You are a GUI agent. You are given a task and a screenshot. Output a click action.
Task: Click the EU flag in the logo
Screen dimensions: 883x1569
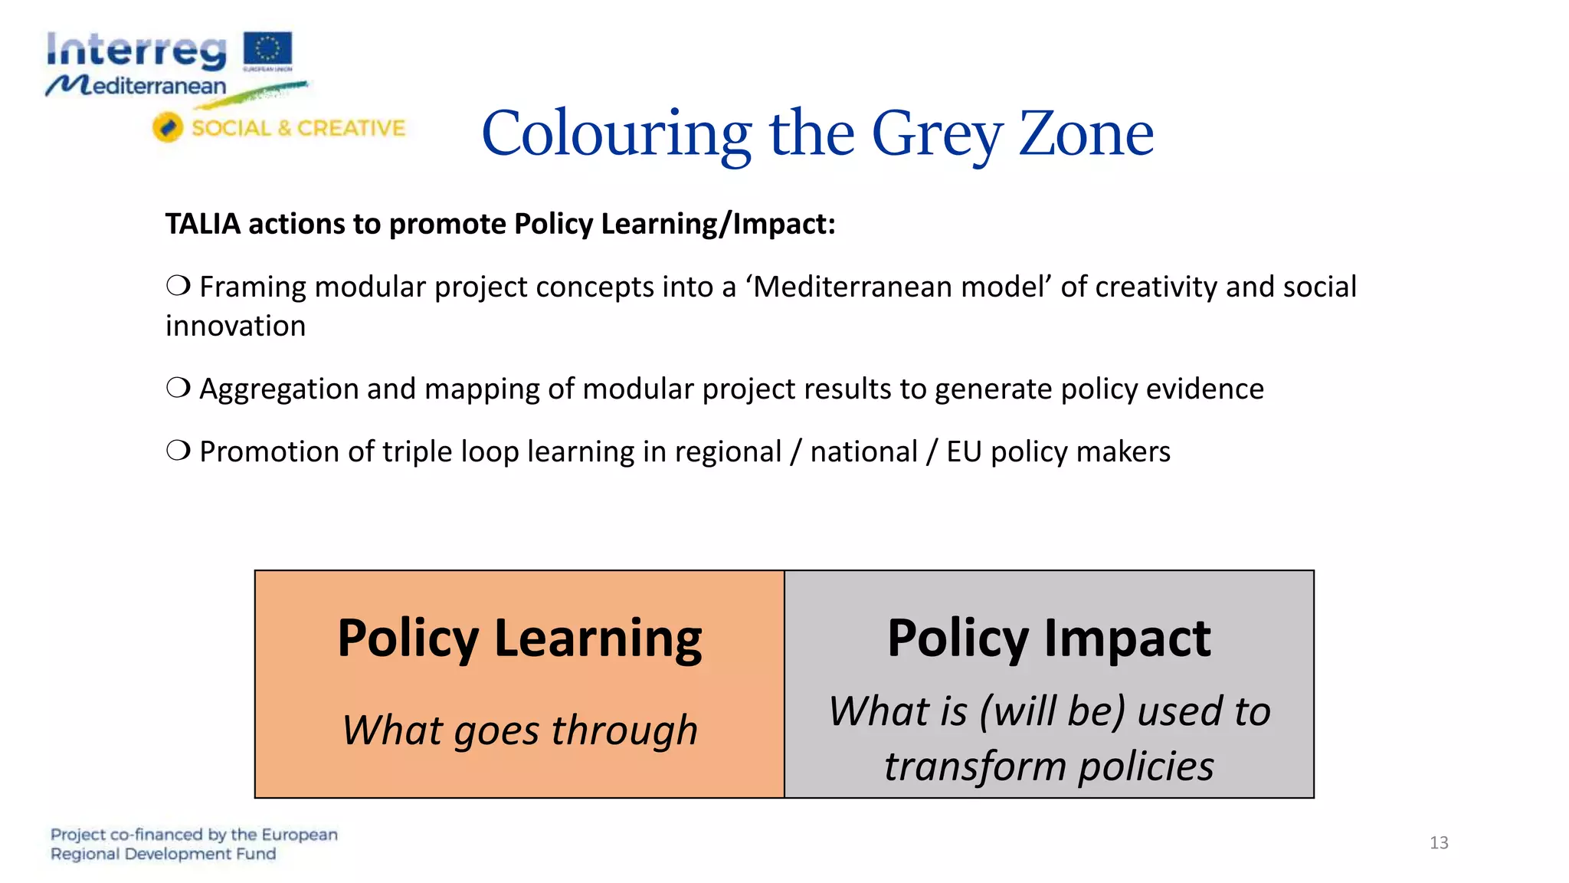click(x=267, y=49)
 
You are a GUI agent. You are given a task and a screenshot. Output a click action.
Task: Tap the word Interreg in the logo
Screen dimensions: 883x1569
click(x=136, y=51)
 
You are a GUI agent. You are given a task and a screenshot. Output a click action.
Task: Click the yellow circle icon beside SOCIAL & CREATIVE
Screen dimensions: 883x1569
click(x=167, y=127)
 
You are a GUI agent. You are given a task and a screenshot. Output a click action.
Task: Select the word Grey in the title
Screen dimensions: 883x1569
click(x=936, y=135)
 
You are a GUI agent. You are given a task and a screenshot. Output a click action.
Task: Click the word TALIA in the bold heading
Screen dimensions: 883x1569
click(x=203, y=224)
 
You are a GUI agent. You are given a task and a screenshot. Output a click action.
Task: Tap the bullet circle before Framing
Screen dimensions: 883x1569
click(x=178, y=286)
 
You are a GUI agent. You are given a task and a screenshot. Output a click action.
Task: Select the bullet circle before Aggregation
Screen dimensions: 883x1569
click(x=178, y=388)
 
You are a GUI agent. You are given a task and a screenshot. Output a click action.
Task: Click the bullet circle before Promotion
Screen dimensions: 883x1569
click(x=178, y=451)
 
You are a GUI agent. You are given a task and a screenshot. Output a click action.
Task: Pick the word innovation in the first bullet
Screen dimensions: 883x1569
click(x=235, y=327)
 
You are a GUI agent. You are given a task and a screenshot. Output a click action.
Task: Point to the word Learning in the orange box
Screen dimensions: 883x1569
click(x=598, y=638)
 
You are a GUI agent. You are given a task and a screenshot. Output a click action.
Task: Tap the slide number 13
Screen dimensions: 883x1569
click(x=1439, y=843)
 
